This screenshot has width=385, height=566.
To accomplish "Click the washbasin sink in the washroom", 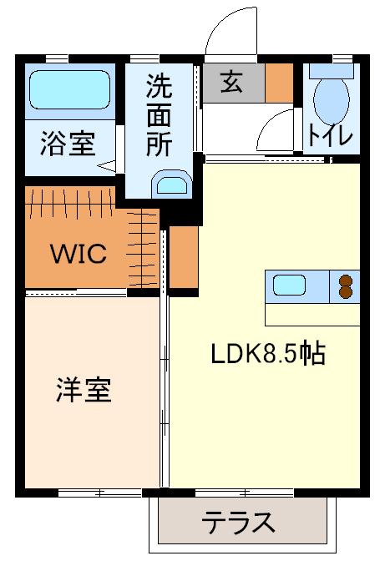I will click(173, 184).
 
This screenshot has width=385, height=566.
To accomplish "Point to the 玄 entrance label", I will click(232, 83).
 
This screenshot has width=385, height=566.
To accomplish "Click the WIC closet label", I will click(79, 254).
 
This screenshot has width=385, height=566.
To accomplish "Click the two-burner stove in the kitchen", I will click(344, 286).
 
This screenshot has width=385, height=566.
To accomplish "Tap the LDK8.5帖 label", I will click(266, 354).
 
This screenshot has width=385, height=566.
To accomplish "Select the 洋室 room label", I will click(84, 390).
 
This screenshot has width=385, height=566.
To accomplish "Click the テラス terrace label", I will click(238, 523).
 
